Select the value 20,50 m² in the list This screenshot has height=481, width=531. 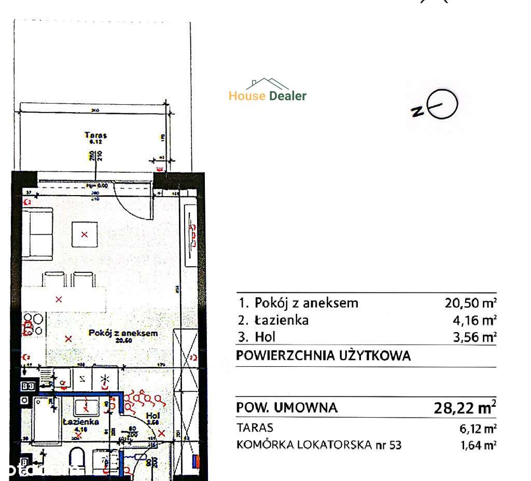point(468,303)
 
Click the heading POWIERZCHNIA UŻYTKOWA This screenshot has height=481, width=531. point(324,356)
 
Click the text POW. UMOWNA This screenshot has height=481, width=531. point(287,408)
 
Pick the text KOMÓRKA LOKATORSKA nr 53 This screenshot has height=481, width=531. point(319,445)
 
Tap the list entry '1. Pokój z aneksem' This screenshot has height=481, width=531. point(298,303)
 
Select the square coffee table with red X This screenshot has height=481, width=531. point(84,235)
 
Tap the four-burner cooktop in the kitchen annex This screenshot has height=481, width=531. point(34,324)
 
